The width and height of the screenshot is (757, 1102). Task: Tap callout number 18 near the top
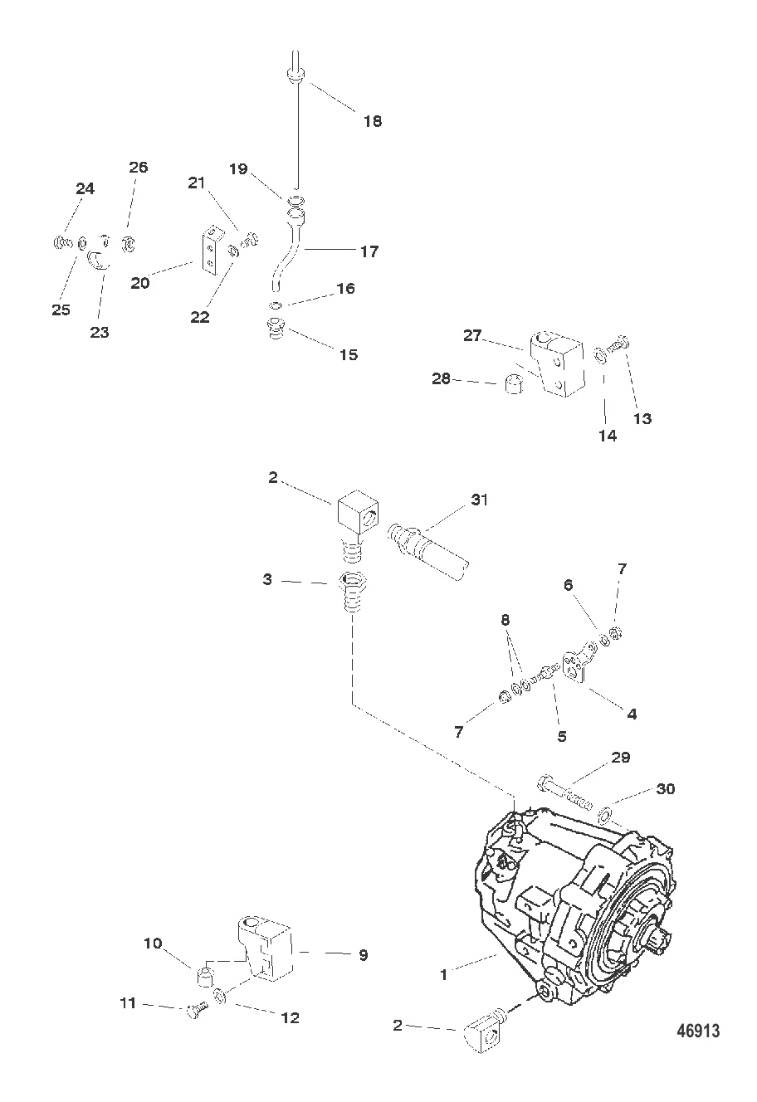[372, 121]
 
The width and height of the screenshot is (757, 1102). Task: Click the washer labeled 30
[605, 811]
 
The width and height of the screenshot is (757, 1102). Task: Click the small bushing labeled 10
[207, 973]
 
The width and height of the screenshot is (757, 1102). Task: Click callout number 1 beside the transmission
[444, 975]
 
